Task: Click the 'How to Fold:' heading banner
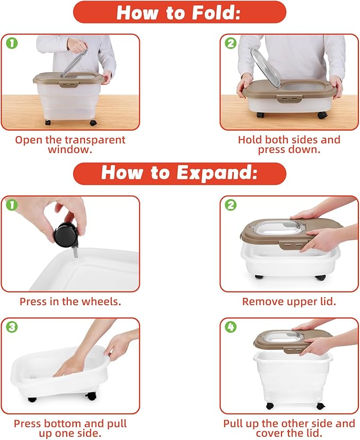pyautogui.click(x=179, y=12)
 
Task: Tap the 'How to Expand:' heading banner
pyautogui.click(x=179, y=173)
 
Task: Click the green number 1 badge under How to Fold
pyautogui.click(x=12, y=43)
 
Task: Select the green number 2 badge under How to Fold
pyautogui.click(x=231, y=43)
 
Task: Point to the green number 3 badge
pyautogui.click(x=12, y=327)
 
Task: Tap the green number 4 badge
pyautogui.click(x=231, y=327)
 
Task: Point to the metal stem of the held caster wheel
pyautogui.click(x=75, y=252)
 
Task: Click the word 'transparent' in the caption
pyautogui.click(x=95, y=140)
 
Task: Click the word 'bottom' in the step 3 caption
pyautogui.click(x=63, y=424)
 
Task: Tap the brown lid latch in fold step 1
pyautogui.click(x=68, y=84)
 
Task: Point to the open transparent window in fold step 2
pyautogui.click(x=265, y=67)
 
